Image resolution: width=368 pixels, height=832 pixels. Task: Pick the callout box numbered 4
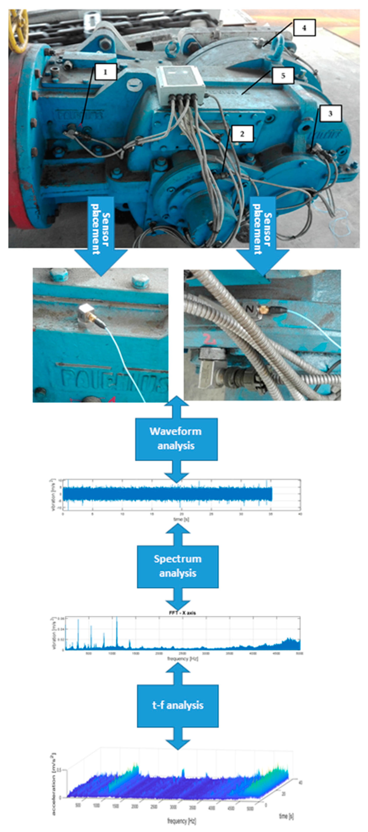tap(304, 28)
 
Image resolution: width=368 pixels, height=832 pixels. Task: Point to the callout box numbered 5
tap(283, 76)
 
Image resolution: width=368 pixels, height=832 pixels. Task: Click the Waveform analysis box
tap(176, 439)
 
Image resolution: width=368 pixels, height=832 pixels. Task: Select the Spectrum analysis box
tap(178, 566)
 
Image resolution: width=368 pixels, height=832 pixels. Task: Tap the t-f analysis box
tap(178, 705)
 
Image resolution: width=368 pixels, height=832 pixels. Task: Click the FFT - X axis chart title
tap(182, 613)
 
